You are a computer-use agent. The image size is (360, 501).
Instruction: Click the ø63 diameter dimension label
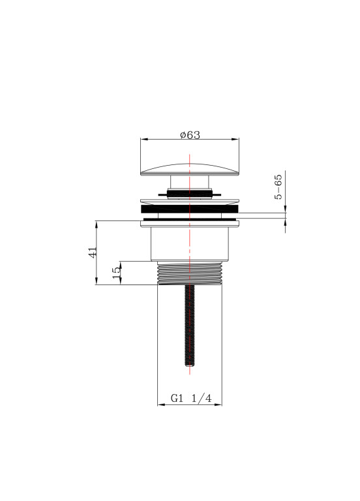(x=190, y=135)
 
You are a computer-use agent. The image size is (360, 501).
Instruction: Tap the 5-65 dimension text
(x=278, y=187)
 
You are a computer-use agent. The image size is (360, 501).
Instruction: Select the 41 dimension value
(x=93, y=252)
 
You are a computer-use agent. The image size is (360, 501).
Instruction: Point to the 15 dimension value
(x=117, y=272)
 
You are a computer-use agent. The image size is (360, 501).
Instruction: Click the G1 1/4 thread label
(x=191, y=398)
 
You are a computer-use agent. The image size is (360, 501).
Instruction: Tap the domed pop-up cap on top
(x=190, y=170)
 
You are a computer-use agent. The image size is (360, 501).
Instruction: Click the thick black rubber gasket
(x=190, y=209)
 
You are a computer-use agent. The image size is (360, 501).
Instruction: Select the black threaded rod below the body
(x=190, y=325)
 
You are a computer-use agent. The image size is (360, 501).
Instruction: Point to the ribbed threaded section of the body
(x=190, y=273)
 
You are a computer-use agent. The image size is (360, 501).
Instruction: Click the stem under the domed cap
(x=190, y=182)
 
